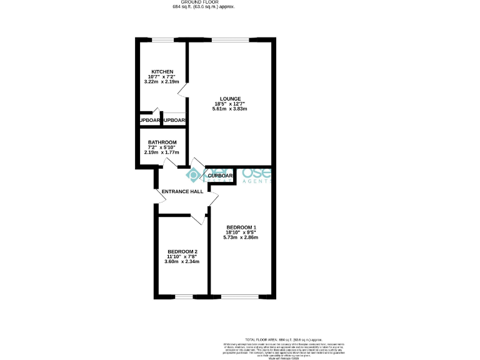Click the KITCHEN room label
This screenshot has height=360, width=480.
(x=162, y=72)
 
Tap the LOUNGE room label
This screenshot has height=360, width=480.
(x=231, y=98)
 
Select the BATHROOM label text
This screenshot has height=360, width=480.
(x=162, y=142)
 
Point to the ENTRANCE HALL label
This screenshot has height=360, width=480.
(x=182, y=191)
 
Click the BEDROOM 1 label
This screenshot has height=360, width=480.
(x=241, y=227)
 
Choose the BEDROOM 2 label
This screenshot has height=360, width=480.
(x=182, y=251)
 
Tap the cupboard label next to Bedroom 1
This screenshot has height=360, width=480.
(x=220, y=176)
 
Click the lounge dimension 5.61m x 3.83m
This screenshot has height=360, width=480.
(x=231, y=109)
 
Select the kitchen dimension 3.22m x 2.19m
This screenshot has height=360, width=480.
(x=162, y=82)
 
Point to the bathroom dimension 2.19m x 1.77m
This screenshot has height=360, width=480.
(x=162, y=152)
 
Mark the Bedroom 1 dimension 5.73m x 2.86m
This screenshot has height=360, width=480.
(x=241, y=237)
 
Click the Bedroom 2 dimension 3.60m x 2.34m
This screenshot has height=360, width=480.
(x=182, y=262)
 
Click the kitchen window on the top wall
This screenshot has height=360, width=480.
(x=162, y=41)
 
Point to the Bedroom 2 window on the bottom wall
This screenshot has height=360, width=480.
(x=184, y=296)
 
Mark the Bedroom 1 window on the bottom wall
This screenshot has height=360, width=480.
(x=241, y=296)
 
